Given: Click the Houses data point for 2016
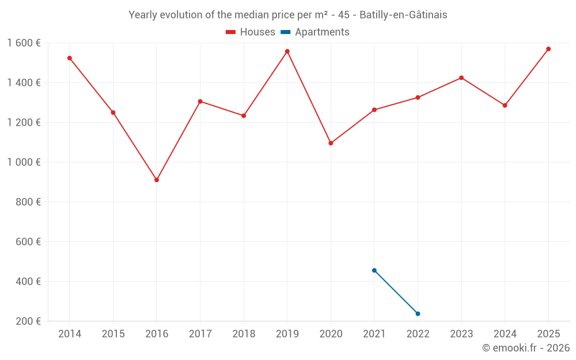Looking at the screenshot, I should coord(157,180).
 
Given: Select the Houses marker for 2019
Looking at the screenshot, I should coord(287,51).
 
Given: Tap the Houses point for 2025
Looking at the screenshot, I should coord(548,49).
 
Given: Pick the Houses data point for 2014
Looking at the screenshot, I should coord(70,58).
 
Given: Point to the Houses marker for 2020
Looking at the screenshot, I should coord(331,143).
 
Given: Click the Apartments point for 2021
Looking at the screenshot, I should coord(374,270).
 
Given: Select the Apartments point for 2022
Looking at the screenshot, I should coord(418,313).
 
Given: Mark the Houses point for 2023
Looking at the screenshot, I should coord(461,78).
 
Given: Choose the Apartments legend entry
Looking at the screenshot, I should coord(322,32).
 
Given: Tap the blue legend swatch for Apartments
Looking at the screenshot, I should coord(285,32).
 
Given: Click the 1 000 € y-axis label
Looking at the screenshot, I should coord(24,162).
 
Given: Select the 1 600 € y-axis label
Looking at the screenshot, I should coord(24,43).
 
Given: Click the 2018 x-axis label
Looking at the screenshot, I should coord(244,334).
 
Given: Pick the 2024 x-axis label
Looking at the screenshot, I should coord(505,334).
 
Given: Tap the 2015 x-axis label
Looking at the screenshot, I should coord(113,334).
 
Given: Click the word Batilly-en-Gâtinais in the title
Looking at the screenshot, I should coord(403,15).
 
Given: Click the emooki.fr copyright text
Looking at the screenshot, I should coord(526,348).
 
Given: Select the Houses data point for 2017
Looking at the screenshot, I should coord(200,101).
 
